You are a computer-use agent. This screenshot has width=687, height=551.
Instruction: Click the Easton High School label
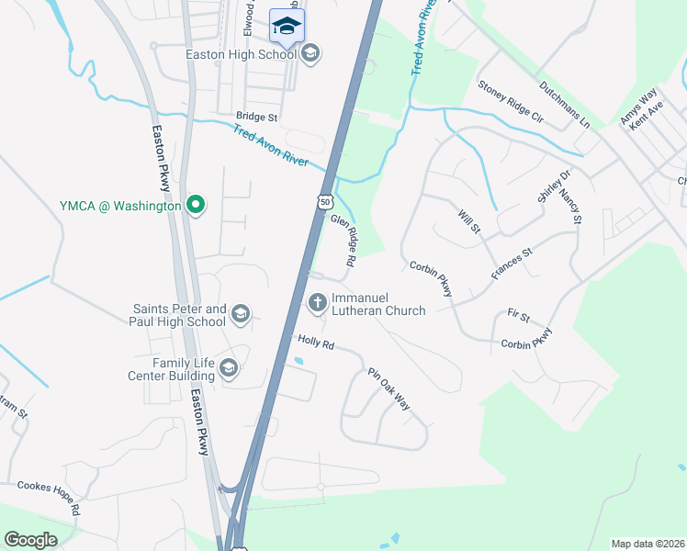(x=241, y=54)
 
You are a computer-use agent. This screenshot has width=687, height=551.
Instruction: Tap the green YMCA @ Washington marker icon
(x=195, y=206)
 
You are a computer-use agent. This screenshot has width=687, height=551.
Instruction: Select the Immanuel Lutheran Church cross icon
(x=317, y=301)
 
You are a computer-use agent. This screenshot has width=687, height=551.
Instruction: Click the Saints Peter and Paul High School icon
(x=240, y=315)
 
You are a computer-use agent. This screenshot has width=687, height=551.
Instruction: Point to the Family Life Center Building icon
(x=228, y=369)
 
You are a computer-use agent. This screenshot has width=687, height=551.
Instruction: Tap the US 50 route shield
(x=325, y=200)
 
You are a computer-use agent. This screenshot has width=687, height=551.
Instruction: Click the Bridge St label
(x=256, y=117)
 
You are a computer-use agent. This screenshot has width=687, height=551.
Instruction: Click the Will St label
(x=468, y=220)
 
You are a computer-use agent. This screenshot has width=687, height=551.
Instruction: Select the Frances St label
(x=512, y=264)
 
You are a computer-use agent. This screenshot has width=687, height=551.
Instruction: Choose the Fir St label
(x=518, y=316)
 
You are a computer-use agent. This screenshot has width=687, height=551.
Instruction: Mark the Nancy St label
(x=570, y=207)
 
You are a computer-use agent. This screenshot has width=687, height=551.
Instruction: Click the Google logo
(x=31, y=540)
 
